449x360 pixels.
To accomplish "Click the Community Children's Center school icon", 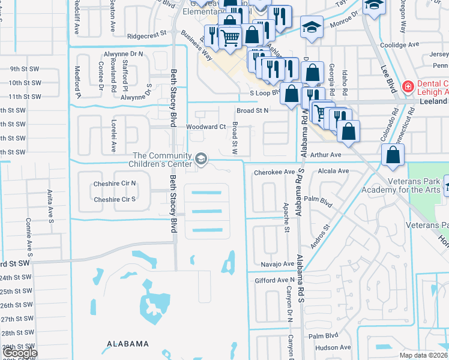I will [201, 160].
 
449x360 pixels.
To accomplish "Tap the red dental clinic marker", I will [408, 86].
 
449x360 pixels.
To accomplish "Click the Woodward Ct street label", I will [205, 127].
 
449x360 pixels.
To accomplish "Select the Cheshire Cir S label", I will [115, 199].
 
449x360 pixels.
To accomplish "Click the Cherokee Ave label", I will [274, 172].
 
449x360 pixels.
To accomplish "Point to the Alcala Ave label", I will [334, 171].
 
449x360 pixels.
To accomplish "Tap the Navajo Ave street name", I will [277, 263].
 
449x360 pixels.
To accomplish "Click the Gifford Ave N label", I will [274, 280].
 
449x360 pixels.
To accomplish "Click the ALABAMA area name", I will [128, 344].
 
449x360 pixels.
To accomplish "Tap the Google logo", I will [19, 353].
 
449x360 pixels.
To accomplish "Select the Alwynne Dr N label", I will [123, 53].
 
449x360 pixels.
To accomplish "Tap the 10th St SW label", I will [25, 83].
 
